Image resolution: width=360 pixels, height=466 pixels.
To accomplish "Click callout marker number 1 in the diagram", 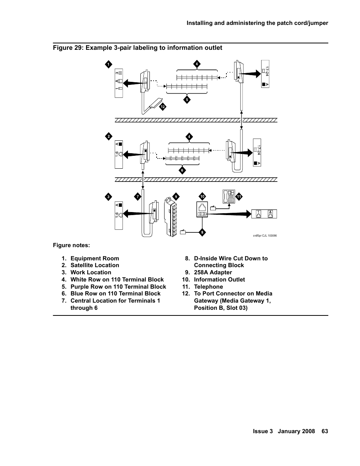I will click(108, 64).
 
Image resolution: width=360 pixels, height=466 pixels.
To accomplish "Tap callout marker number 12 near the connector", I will click(163, 107).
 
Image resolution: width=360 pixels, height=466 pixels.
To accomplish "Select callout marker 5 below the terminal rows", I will click(187, 100).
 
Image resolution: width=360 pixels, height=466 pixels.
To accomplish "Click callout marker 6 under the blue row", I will click(182, 170).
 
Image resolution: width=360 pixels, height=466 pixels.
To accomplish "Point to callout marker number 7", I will click(138, 197).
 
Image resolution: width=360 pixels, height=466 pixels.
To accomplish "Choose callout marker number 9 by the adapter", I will click(175, 197).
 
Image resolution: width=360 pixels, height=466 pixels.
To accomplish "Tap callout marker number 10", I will click(202, 196).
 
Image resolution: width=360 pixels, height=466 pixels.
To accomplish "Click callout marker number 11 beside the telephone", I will click(239, 197).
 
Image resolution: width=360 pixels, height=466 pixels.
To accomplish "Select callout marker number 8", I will click(202, 232).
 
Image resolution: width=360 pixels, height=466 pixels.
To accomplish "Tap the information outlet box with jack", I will click(202, 210).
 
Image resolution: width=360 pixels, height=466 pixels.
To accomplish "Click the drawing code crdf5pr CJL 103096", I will click(265, 235).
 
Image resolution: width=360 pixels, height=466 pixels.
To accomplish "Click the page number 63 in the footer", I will click(325, 431).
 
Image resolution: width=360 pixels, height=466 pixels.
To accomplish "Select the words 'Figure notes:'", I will click(71, 245).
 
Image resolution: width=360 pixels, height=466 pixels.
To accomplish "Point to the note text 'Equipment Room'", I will click(95, 258).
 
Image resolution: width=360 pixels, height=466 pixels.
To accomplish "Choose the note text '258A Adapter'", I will click(213, 272).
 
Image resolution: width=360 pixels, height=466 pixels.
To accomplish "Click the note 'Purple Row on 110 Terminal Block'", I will click(118, 287).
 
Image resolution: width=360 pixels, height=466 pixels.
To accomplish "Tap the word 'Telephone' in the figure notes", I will click(208, 287).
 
